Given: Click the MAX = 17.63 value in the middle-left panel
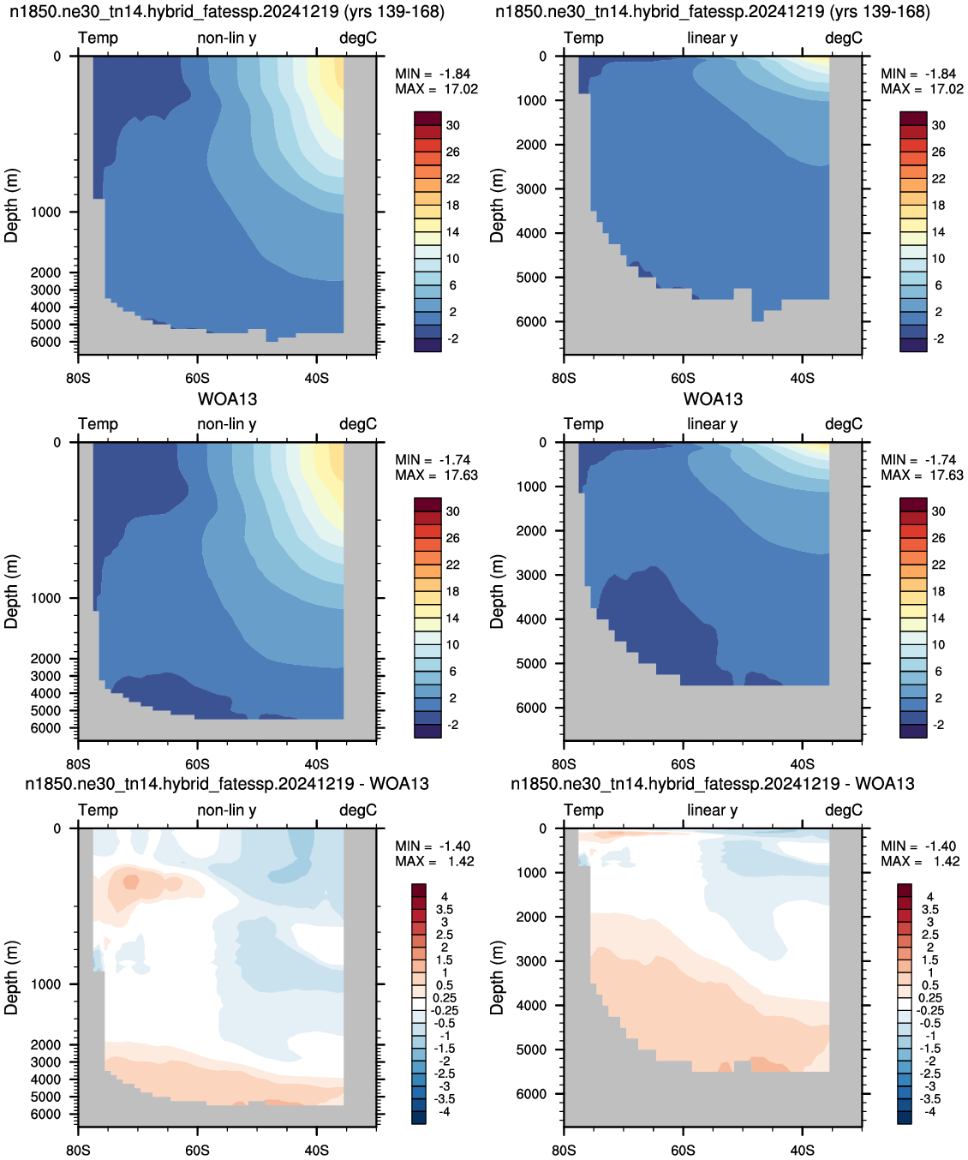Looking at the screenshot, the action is tap(436, 475).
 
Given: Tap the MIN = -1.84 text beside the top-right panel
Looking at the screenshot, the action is tap(918, 74).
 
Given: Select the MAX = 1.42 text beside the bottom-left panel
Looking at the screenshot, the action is tap(434, 861).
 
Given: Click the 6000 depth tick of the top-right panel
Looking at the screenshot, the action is tap(531, 321).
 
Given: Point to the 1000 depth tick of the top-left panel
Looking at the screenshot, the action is tap(45, 212).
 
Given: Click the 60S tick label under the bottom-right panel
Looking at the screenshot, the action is tap(683, 1150).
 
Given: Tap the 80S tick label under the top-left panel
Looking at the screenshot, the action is tap(78, 378).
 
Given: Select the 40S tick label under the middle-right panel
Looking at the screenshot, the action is tap(802, 764).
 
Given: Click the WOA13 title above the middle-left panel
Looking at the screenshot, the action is tap(227, 399).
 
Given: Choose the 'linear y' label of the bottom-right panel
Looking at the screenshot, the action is tap(713, 810).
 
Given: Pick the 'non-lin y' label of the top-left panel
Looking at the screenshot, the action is tap(227, 38).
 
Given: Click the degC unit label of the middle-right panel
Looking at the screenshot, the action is tap(844, 424).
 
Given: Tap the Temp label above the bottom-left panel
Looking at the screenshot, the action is tap(99, 810).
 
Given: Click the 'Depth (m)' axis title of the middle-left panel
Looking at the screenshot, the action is tap(11, 591).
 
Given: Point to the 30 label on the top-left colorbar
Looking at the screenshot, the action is tap(453, 125).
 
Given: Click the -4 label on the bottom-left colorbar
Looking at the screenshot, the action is tap(444, 1112).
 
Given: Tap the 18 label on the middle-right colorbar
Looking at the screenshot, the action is tap(939, 591).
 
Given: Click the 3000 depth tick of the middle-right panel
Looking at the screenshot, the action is tap(531, 575).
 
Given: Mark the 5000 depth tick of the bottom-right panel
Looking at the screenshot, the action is tap(531, 1049).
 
